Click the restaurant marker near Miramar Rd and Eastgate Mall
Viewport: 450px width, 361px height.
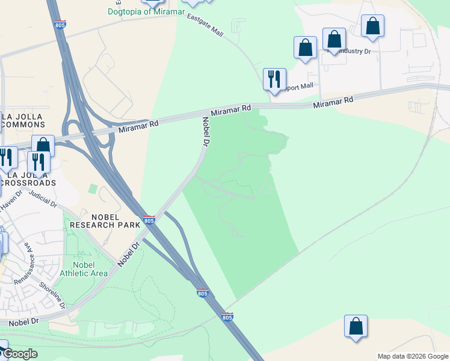click(x=274, y=79)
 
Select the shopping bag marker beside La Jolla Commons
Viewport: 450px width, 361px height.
click(x=43, y=146)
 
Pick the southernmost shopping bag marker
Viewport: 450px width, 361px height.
click(x=356, y=326)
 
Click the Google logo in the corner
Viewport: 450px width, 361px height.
click(x=20, y=354)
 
